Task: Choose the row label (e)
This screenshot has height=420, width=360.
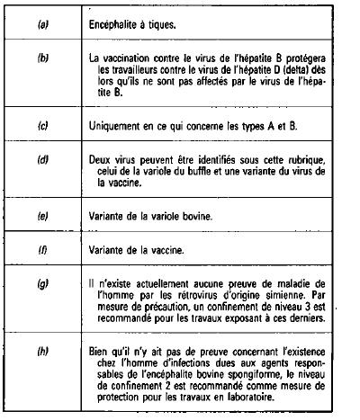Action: (42, 217)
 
